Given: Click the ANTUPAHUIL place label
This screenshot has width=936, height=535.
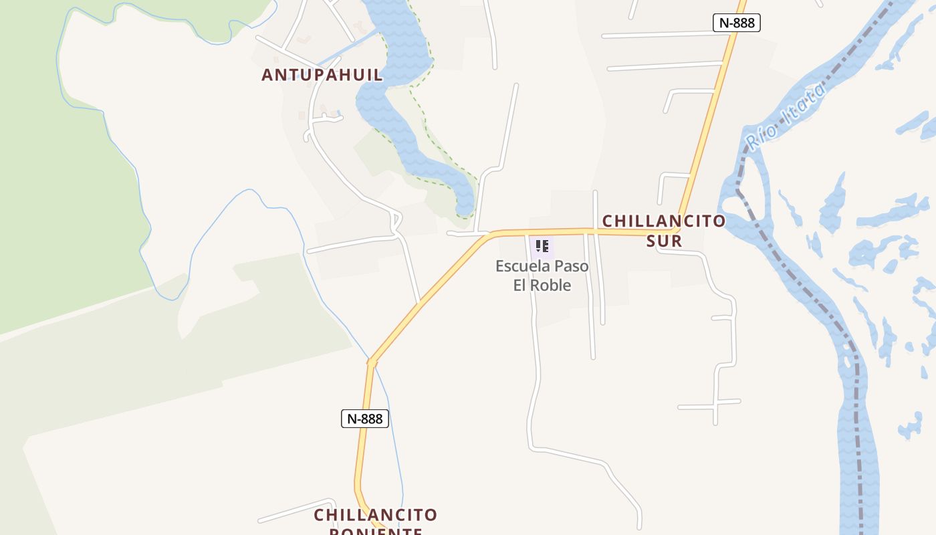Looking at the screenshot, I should pos(322,75).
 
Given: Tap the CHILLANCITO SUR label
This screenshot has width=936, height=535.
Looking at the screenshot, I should pos(664,230).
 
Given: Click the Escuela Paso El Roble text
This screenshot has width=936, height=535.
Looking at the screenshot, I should pos(542,276).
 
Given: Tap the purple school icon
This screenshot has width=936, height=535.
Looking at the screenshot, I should pos(542,246).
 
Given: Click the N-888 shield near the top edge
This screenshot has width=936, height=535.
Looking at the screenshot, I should pos(736,23).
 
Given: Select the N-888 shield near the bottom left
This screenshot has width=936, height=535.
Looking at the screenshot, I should pos(364,419).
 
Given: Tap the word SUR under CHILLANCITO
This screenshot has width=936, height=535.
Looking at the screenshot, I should pos(664,241).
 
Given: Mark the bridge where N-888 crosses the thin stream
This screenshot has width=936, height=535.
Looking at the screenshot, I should pos(371,362).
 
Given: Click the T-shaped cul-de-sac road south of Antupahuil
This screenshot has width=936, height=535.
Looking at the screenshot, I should pos(324,119).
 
